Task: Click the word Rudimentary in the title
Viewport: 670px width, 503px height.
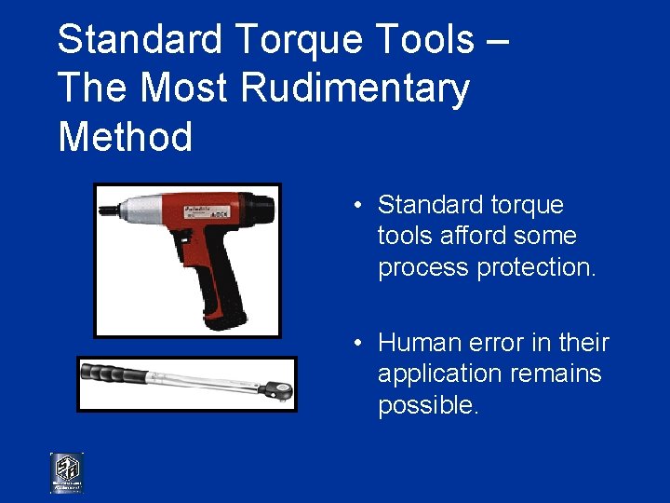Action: [x=355, y=89]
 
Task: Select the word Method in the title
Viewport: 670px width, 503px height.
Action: [x=125, y=138]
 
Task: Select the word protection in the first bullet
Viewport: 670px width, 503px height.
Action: [x=541, y=267]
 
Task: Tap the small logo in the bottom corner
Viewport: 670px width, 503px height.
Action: [x=66, y=472]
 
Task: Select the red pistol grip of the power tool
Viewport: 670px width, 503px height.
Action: [x=213, y=270]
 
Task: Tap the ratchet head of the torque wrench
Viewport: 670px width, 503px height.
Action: [x=277, y=390]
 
